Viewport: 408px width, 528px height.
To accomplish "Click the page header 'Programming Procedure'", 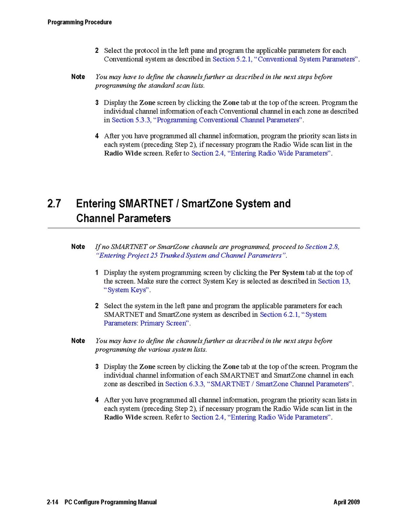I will coord(80,22).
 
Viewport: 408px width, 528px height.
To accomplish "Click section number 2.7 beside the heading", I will coord(54,204).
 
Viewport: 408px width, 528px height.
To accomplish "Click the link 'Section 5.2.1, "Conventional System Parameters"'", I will coord(285,59).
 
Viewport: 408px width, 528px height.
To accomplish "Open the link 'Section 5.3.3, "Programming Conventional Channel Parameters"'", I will coord(207,120).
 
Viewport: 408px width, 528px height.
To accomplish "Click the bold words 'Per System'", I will coord(286,272).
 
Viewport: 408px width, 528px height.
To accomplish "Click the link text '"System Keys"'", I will coord(127,290).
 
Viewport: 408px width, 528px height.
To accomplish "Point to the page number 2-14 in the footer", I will coord(53,502).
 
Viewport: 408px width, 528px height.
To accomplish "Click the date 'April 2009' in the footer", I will coord(346,502).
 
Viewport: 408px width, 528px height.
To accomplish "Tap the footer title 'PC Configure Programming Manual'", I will coord(110,502).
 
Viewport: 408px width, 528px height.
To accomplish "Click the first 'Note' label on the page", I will coord(78,77).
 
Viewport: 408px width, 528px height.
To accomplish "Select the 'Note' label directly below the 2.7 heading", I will coord(78,247).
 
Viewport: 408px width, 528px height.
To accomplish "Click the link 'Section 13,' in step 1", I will coord(334,281).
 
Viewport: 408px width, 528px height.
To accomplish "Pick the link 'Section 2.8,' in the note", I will coord(322,247).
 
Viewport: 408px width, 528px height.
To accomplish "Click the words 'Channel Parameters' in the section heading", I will coord(123,218).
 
